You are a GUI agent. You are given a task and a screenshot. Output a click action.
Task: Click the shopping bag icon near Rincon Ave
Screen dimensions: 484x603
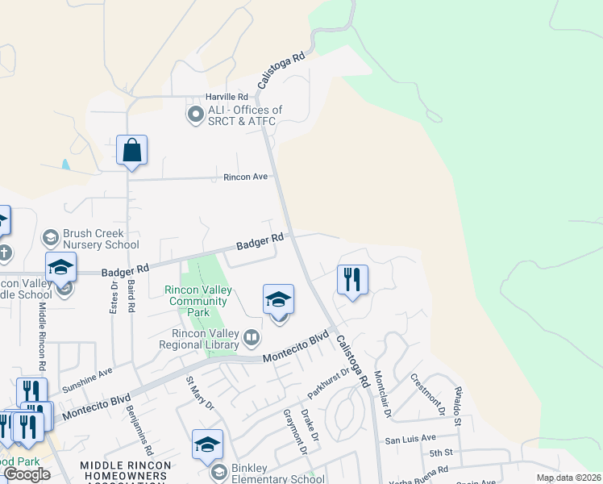pos(131,151)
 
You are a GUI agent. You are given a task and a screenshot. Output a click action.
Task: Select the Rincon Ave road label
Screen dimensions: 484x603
pos(245,177)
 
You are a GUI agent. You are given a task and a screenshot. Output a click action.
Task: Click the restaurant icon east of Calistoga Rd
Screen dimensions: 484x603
pos(352,280)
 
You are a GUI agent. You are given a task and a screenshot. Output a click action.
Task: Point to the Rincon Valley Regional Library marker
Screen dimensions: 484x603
pos(252,336)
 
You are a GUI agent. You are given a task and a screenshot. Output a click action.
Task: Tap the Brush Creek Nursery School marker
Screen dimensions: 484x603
pos(51,236)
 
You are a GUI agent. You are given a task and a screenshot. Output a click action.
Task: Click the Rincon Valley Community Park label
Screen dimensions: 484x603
pos(198,301)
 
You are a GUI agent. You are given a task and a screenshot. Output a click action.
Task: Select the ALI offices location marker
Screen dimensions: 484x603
pos(194,115)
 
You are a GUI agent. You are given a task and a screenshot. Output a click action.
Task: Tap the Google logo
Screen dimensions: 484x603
pos(27,474)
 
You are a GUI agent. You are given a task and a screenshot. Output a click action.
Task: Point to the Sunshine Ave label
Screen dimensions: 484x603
pos(88,380)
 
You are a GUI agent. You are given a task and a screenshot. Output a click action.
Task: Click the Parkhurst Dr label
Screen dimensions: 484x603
pos(331,383)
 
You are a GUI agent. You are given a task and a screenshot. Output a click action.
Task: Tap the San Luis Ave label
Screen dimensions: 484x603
pos(410,440)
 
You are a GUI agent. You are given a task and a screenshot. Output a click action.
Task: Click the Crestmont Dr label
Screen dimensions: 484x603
pos(427,394)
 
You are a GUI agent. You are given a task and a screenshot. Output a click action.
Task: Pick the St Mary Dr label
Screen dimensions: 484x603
pos(200,392)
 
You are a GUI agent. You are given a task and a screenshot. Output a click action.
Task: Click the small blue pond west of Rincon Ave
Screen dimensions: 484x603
pos(64,165)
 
